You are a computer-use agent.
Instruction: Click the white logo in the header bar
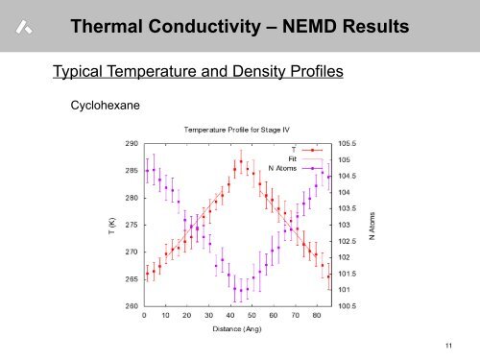(25, 31)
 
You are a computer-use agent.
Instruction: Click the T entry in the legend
(293, 149)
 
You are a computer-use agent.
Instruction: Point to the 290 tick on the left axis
(131, 143)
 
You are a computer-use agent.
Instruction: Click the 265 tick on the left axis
(131, 279)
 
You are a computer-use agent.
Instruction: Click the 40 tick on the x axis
(230, 315)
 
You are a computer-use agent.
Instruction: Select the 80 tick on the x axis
(317, 315)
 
